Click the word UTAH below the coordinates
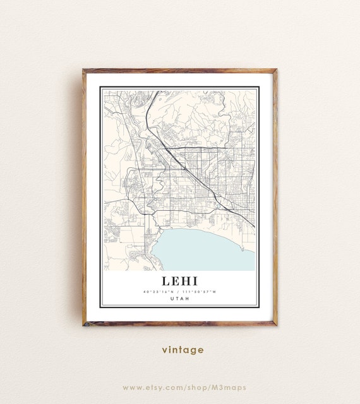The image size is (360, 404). [x=179, y=299]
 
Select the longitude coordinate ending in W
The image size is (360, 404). [x=199, y=292]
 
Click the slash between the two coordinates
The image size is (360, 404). [x=179, y=292]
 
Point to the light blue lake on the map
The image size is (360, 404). [x=202, y=249]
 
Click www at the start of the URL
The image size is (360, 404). [x=131, y=387]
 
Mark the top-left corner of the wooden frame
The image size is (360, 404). [x=83, y=70]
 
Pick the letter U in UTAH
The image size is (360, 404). [x=172, y=299]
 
